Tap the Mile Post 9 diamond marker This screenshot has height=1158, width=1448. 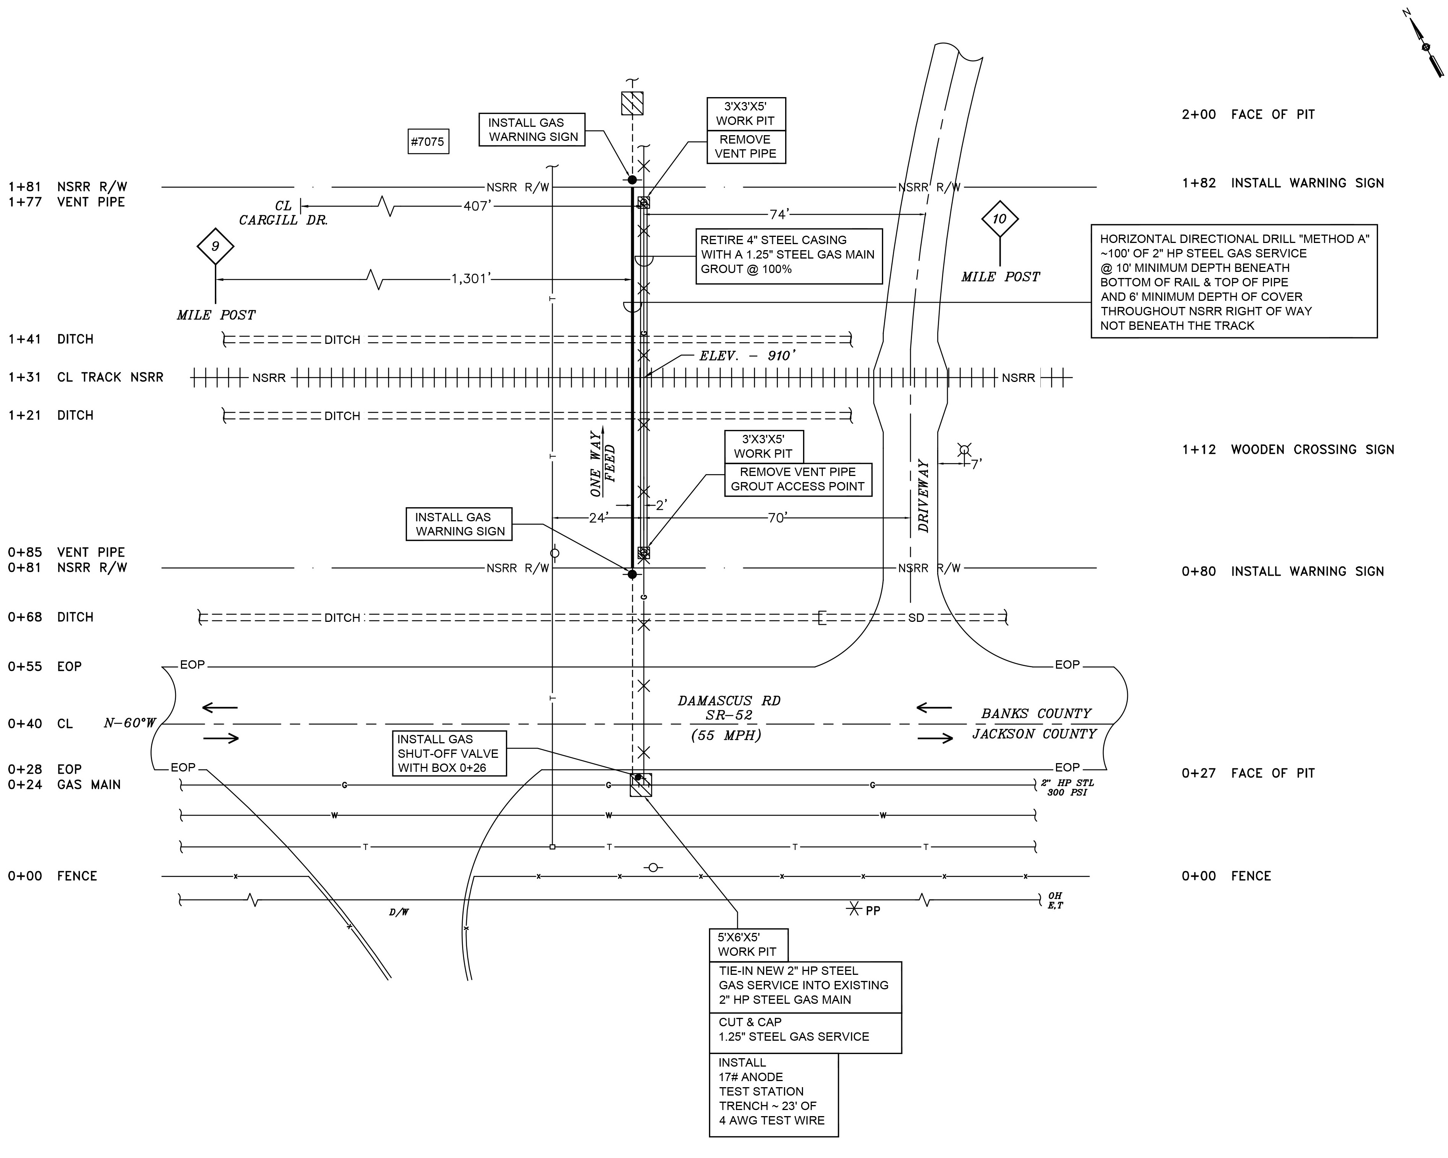[215, 246]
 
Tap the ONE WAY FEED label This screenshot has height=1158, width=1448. [602, 463]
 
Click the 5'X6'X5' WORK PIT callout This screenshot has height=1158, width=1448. [747, 944]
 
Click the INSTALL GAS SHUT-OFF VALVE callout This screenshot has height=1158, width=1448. [449, 753]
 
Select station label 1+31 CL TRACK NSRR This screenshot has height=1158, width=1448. [86, 377]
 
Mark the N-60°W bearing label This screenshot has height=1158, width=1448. [130, 723]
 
